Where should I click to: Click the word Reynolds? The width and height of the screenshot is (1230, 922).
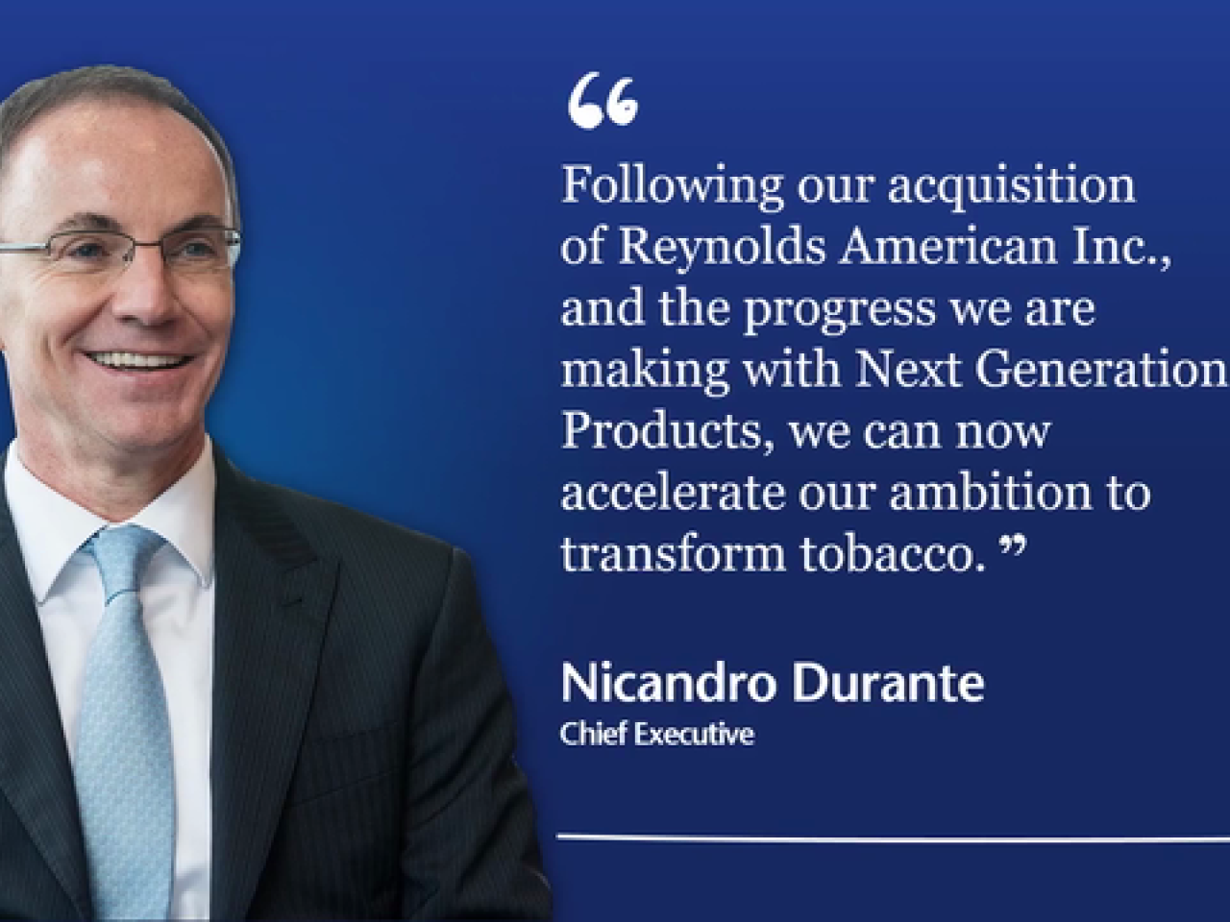pyautogui.click(x=723, y=249)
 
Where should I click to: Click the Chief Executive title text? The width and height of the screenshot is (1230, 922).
pyautogui.click(x=657, y=735)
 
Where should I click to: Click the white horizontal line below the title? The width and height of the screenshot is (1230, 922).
pyautogui.click(x=894, y=853)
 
